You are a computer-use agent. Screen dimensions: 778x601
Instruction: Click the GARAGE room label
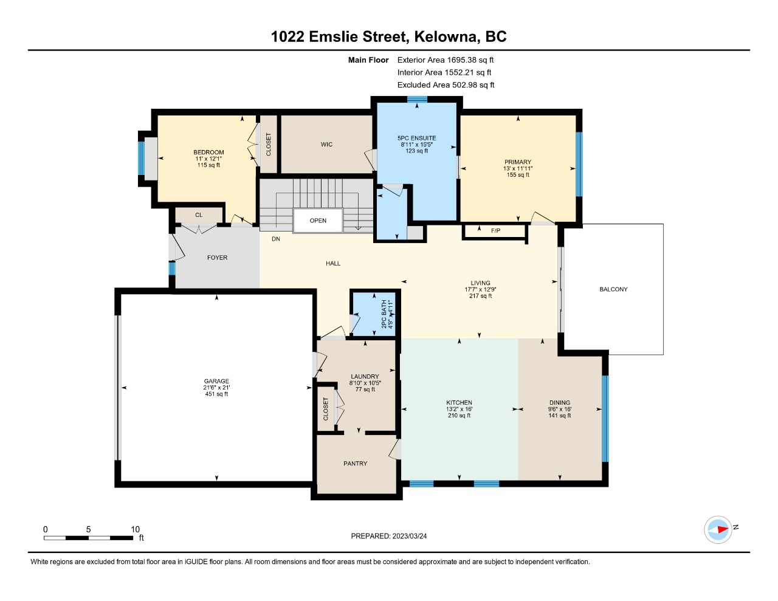tap(216, 381)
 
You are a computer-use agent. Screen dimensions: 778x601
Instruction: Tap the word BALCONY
tap(613, 289)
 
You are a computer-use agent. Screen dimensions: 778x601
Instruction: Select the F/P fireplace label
tap(495, 231)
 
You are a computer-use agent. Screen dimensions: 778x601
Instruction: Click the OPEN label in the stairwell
tap(318, 221)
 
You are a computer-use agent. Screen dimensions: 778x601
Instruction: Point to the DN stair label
tap(276, 239)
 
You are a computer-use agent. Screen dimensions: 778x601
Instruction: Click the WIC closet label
tap(326, 144)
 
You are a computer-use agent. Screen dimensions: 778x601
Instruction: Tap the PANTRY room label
tap(355, 463)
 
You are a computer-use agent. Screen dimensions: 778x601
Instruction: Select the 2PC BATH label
tap(384, 314)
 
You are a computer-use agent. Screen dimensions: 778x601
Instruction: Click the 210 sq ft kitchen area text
tap(459, 415)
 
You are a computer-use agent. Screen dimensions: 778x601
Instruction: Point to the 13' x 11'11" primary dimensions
tap(518, 168)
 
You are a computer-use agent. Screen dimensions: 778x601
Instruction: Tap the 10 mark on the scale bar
tap(135, 529)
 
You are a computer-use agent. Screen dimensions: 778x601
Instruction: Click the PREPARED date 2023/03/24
tap(409, 536)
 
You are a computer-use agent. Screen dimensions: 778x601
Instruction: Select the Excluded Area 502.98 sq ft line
tap(446, 85)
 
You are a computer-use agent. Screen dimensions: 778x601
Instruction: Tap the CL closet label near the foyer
tap(199, 215)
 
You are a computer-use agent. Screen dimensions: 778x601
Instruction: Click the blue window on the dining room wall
tap(605, 419)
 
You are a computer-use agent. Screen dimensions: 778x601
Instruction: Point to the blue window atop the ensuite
tap(417, 99)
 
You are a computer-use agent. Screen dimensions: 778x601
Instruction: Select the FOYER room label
tap(217, 258)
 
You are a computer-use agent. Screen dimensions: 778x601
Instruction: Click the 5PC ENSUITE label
tap(416, 138)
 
